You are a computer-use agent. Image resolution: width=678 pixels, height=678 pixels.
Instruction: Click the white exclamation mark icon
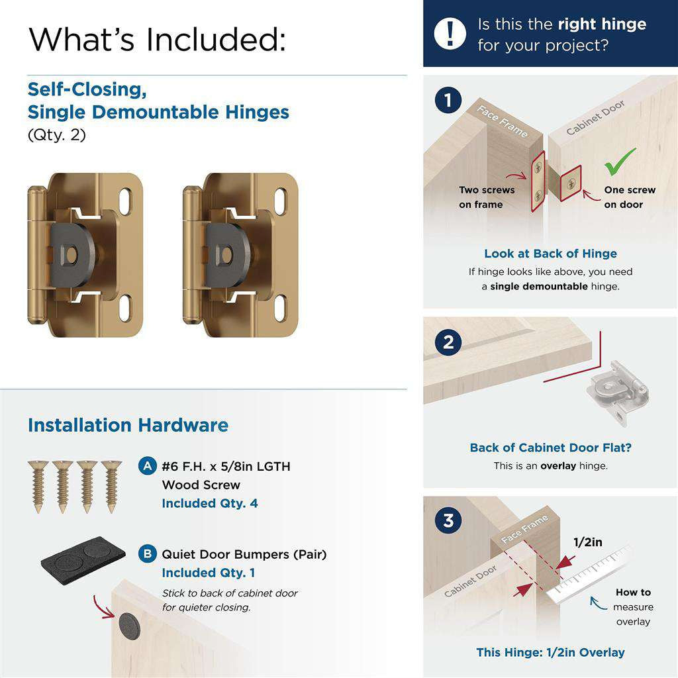450,33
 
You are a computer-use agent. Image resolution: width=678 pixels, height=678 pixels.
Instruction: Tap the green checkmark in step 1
620,162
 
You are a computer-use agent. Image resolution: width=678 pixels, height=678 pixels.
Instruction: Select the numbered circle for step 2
449,342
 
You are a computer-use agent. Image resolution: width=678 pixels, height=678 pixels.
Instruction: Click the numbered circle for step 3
449,520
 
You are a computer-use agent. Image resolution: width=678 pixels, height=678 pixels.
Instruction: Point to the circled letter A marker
147,466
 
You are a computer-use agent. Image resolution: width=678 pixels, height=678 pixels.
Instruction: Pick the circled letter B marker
147,554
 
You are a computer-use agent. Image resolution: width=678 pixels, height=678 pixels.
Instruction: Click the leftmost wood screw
37,485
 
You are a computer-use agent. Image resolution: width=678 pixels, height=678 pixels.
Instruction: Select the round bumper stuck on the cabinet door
128,624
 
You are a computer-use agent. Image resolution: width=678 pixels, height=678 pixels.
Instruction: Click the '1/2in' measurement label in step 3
587,542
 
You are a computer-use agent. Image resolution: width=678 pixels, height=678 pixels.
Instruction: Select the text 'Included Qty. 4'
210,503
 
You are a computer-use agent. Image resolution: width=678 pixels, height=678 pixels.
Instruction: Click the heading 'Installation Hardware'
128,425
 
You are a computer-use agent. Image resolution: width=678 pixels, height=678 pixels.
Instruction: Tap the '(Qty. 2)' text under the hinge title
57,135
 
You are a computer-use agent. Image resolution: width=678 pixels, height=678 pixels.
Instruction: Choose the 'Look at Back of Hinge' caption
550,254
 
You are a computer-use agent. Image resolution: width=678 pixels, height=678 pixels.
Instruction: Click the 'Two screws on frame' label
487,197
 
